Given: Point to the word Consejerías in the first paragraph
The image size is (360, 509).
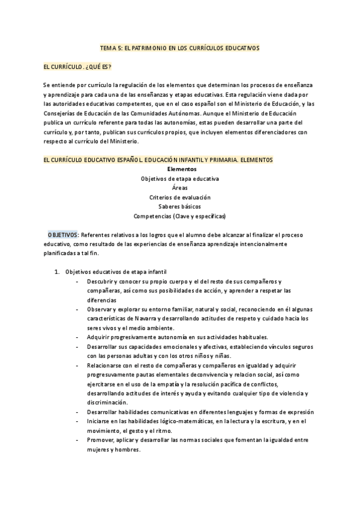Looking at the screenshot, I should [x=61, y=113].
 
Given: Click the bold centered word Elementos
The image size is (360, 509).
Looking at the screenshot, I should [x=180, y=169].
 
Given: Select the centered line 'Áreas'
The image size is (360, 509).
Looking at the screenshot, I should [x=180, y=188].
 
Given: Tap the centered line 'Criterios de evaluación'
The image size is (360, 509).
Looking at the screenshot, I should [x=180, y=197].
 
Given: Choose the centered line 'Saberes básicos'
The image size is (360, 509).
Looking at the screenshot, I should [x=180, y=206].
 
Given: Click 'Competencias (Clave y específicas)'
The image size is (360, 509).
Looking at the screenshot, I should [x=180, y=215].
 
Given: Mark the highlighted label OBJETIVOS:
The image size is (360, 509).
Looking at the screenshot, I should [x=62, y=235].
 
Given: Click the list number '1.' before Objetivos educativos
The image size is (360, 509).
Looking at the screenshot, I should [x=57, y=272].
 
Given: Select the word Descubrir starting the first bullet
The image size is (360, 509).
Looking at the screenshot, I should [x=100, y=282].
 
